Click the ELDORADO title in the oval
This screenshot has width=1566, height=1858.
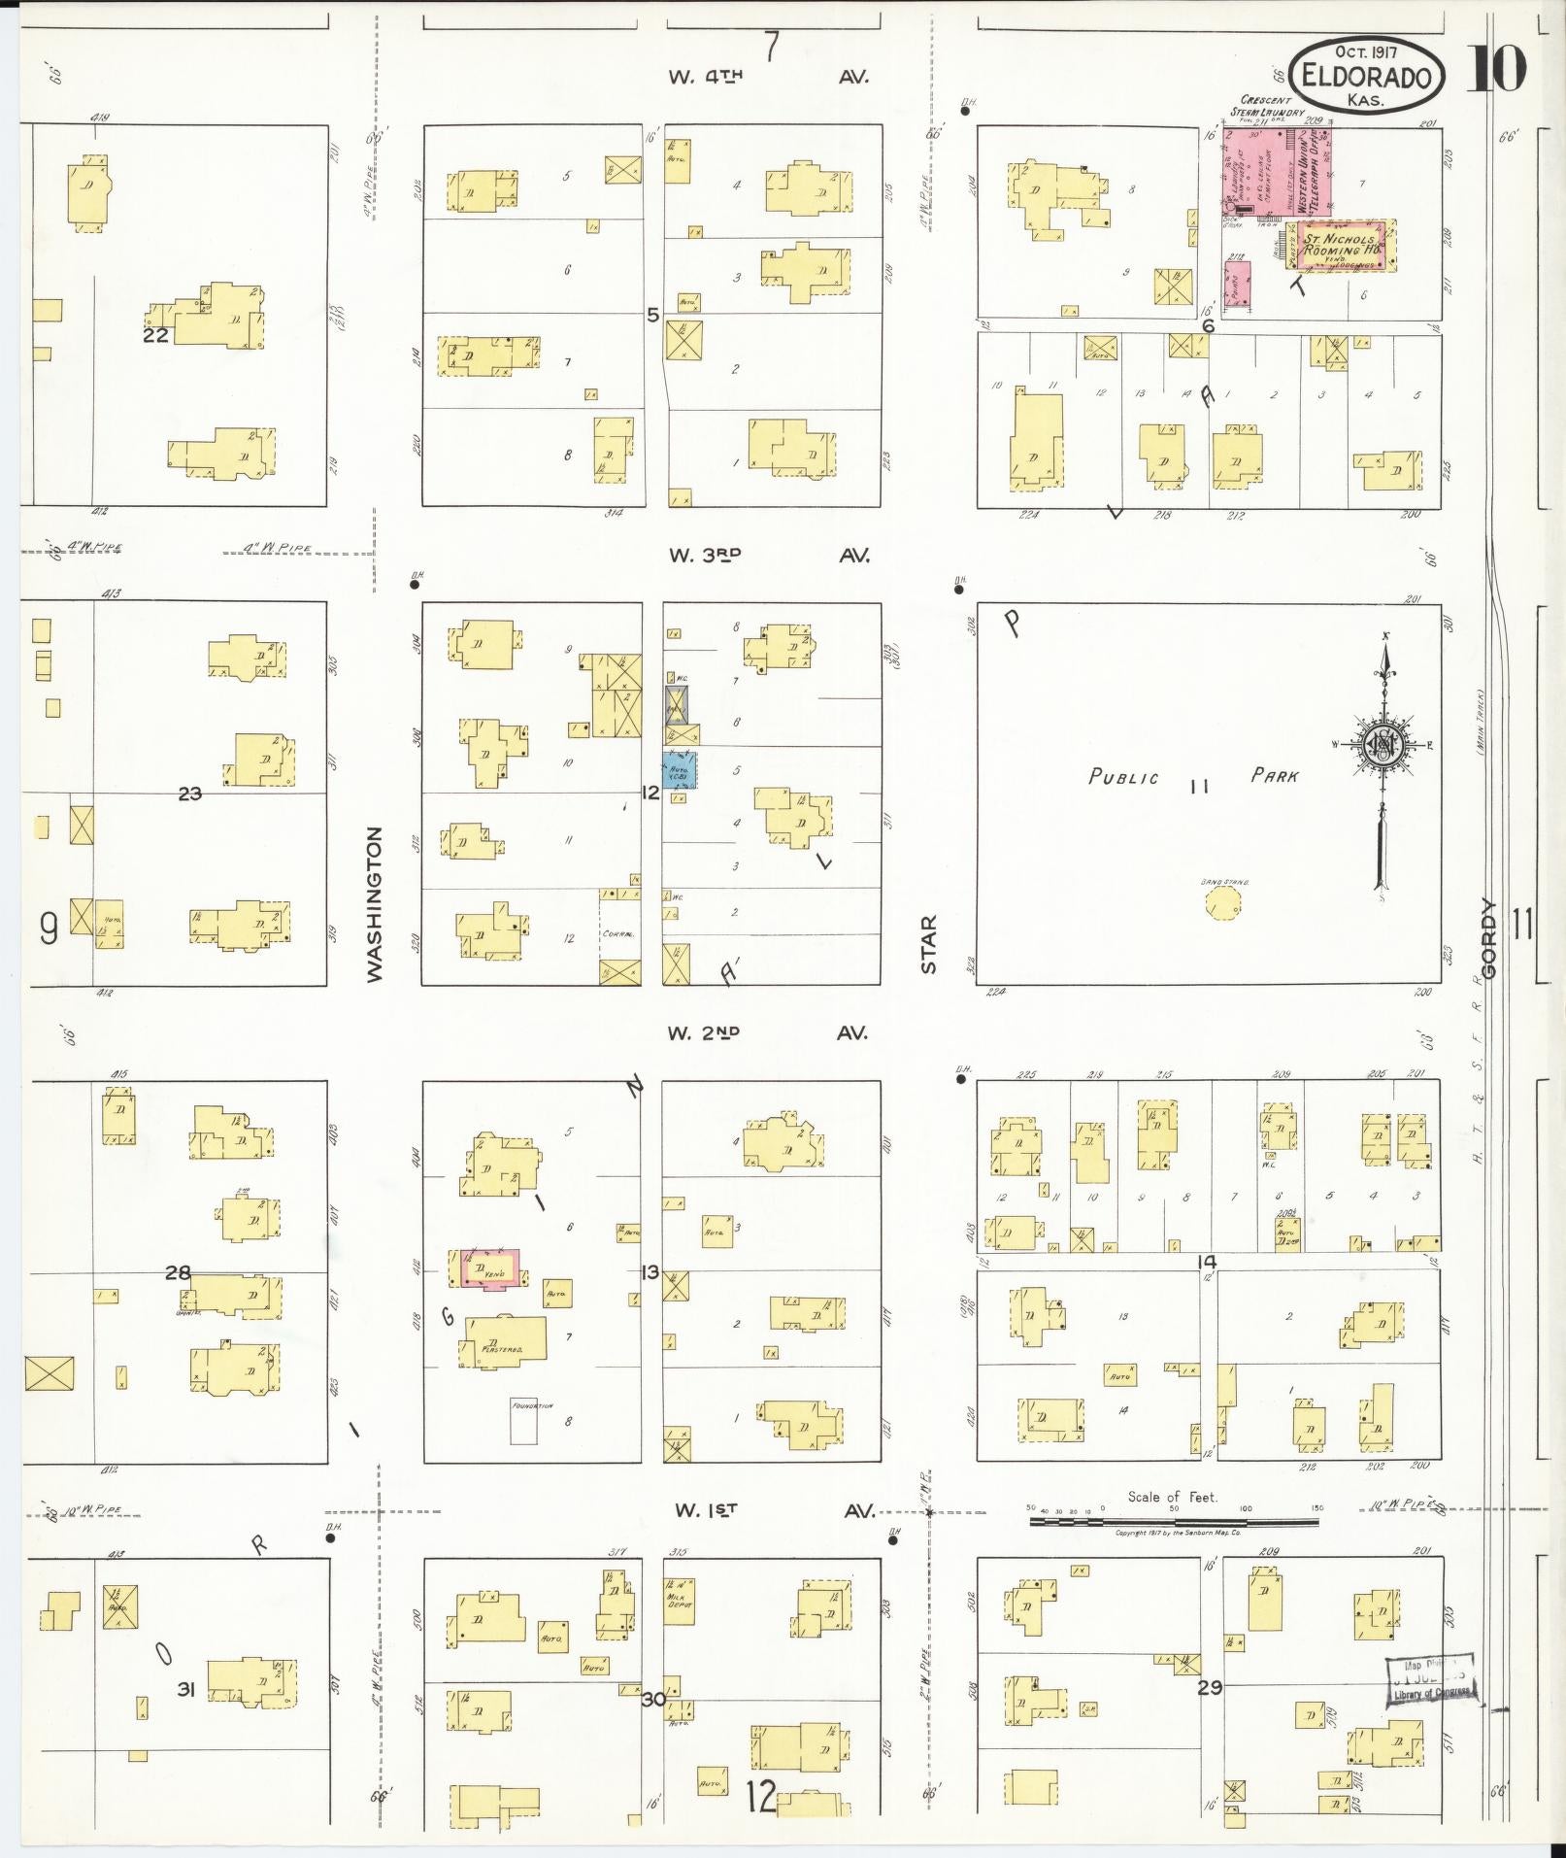coord(1367,75)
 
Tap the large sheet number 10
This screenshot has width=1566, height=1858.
coord(1497,68)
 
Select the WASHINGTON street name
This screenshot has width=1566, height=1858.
coord(376,903)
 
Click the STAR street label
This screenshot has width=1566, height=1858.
coord(929,944)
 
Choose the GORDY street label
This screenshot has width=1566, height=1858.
coord(1489,938)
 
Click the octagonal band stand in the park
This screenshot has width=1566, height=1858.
coord(1224,903)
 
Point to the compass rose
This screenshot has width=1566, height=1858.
coord(1381,744)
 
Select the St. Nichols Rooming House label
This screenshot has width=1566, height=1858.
coord(1341,245)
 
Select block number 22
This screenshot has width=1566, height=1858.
coord(155,336)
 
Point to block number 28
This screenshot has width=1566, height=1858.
coord(178,1272)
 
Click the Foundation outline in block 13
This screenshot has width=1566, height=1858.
coord(524,1422)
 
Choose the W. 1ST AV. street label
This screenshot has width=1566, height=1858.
coord(775,1510)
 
